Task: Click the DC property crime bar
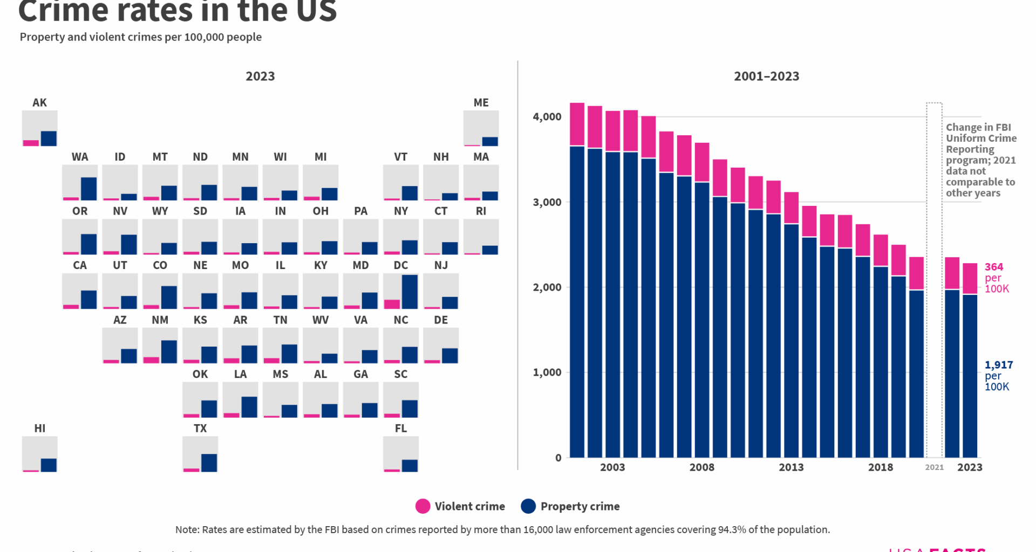pos(410,292)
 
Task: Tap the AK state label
pos(39,102)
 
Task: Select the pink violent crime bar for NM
pos(151,360)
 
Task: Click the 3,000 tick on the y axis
pos(547,202)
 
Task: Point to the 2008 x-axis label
pos(701,467)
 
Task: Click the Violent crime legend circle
pos(422,506)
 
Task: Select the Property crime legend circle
pos(528,506)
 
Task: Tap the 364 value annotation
pos(994,267)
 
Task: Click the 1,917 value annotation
pos(999,365)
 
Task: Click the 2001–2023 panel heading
pos(766,76)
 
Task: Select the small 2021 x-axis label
pos(934,467)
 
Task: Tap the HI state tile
pos(39,454)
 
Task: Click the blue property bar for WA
pos(88,189)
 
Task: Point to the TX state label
pos(200,428)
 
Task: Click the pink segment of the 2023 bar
pos(970,278)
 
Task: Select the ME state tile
pos(481,128)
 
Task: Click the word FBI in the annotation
pos(1003,127)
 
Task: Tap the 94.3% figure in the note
pos(732,529)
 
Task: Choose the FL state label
pos(400,428)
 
